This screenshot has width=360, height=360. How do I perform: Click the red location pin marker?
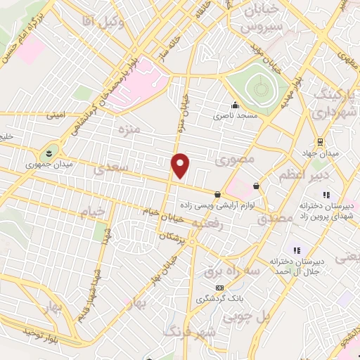[x=181, y=166]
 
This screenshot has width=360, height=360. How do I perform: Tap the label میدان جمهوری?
[x=43, y=165]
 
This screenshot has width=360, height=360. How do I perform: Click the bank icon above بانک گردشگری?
[x=220, y=288]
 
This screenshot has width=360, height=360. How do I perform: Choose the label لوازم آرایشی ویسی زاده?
[x=259, y=203]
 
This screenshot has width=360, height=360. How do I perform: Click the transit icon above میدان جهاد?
[x=320, y=141]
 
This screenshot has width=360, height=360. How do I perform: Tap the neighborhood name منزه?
[x=129, y=129]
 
